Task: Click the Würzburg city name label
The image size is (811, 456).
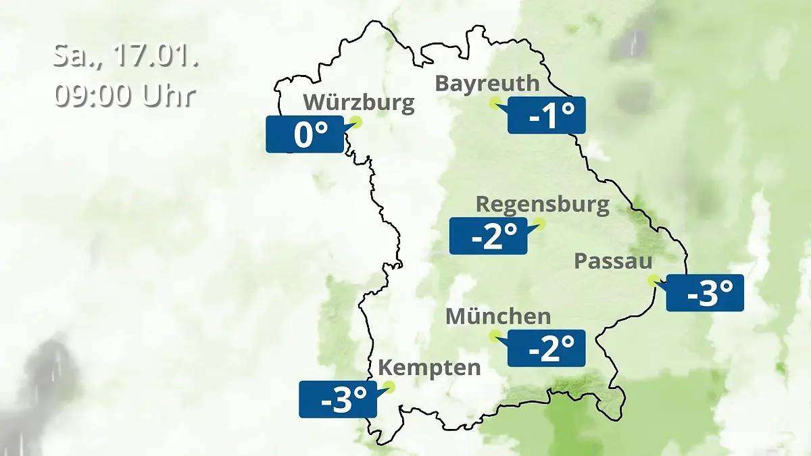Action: coord(358,103)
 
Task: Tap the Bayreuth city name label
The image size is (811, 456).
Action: coord(487,84)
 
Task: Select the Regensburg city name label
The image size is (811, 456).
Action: coord(542,204)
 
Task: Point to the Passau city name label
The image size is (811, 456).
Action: coord(614,262)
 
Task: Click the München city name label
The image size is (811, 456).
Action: coord(498,316)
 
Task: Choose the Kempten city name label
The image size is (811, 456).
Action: coord(429,368)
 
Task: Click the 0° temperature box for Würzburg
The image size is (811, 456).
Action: coord(305,134)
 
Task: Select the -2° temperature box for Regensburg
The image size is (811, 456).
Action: coord(488,236)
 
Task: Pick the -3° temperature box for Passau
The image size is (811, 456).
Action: coord(705,293)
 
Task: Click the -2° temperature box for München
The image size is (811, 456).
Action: coord(546,349)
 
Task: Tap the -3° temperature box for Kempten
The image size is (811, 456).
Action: coord(338,399)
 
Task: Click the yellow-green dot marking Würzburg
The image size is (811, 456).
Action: coord(356,122)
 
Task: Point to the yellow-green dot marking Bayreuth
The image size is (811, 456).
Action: coord(495,103)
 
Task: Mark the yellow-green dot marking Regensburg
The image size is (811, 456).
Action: coord(539,223)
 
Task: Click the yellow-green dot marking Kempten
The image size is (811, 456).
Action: coord(389,387)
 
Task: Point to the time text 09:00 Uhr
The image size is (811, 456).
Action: coord(126,96)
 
